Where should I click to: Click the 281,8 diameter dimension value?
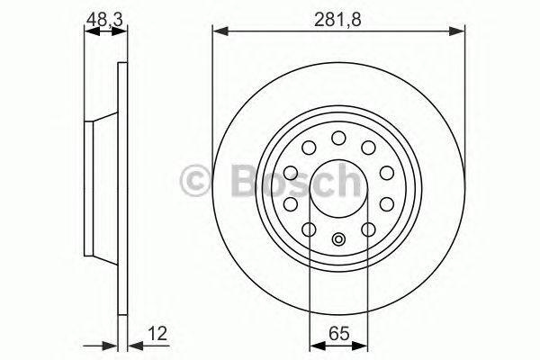[x=337, y=19]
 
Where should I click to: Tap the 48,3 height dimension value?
[x=104, y=19]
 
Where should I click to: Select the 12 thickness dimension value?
[x=157, y=333]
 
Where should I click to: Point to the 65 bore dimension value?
[x=339, y=333]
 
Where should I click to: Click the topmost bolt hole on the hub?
[x=338, y=138]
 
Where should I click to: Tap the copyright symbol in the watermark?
[x=195, y=181]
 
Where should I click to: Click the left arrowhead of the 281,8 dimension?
[x=220, y=31]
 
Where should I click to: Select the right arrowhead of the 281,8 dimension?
[x=457, y=31]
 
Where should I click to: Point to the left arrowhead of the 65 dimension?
[x=318, y=345]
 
